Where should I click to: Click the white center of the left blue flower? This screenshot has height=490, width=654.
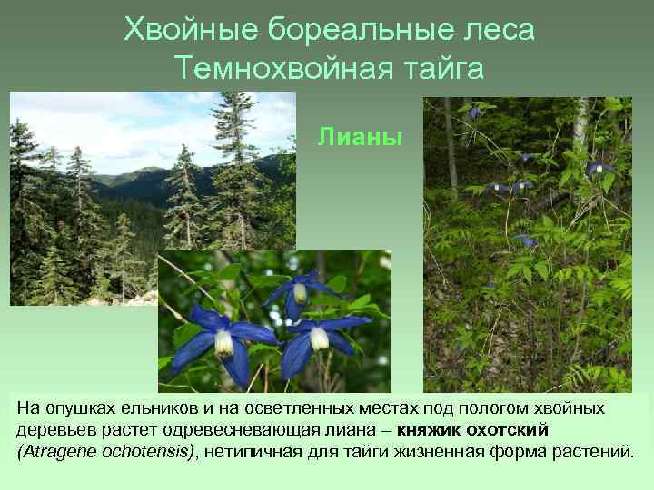tap(223, 342)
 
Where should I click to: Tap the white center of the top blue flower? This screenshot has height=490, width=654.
tap(300, 293)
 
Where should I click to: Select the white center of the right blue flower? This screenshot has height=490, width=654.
tap(319, 338)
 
